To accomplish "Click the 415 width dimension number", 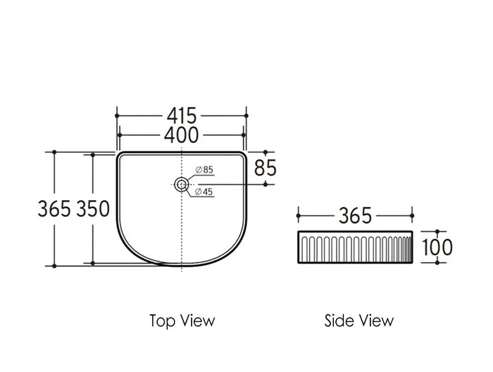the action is (x=182, y=116).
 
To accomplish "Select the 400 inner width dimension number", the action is (x=182, y=135).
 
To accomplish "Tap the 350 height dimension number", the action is (x=93, y=209).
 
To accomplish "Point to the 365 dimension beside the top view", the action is (x=54, y=209).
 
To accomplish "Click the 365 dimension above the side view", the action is (x=355, y=216).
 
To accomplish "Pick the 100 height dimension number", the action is (x=437, y=247).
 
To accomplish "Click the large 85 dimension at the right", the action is (x=265, y=168).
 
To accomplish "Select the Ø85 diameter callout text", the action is (x=204, y=170).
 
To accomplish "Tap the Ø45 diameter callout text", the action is (x=204, y=192).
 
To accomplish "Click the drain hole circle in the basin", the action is (x=182, y=178).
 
